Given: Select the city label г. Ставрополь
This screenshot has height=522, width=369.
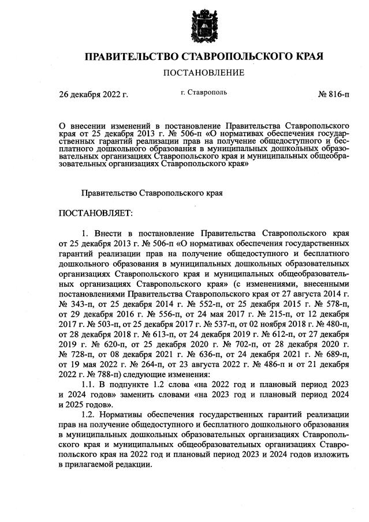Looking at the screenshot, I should click(204, 92).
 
